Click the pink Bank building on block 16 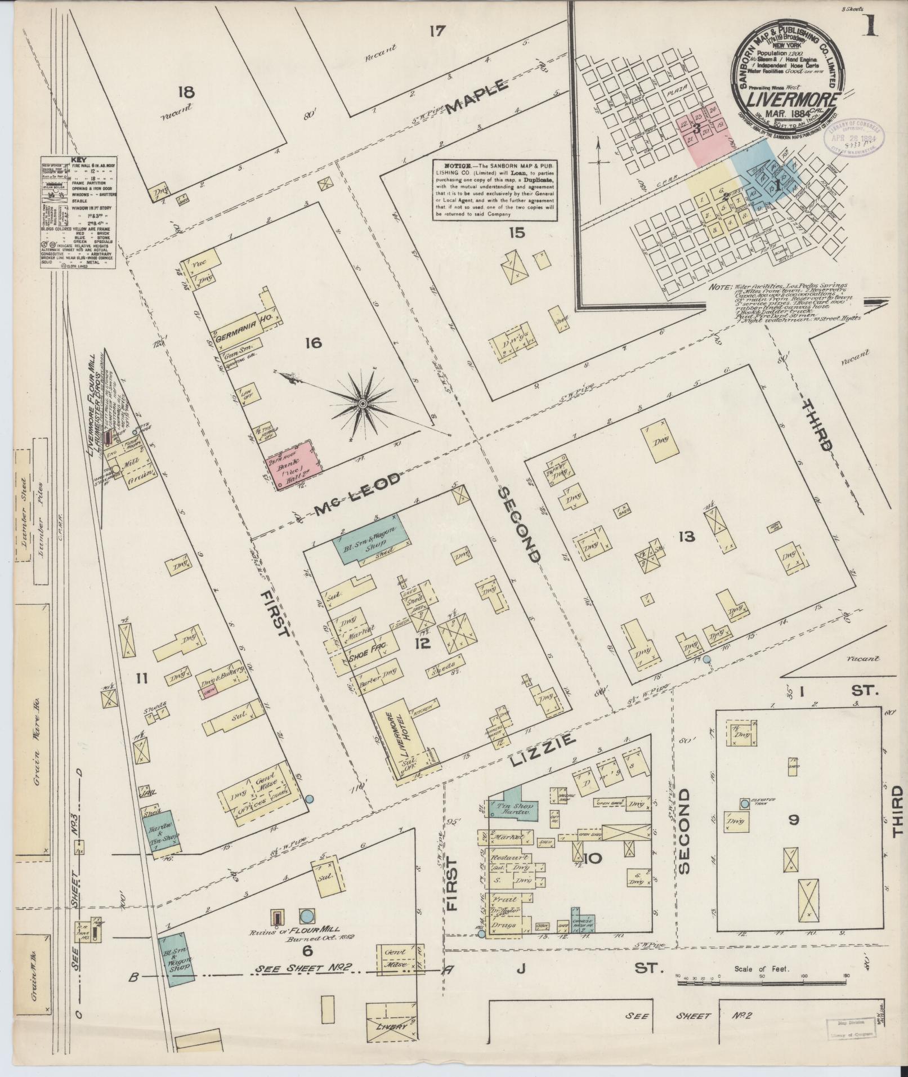pyautogui.click(x=294, y=465)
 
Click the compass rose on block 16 pyautogui.click(x=363, y=404)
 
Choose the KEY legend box pyautogui.click(x=78, y=212)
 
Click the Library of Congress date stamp pyautogui.click(x=854, y=137)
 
